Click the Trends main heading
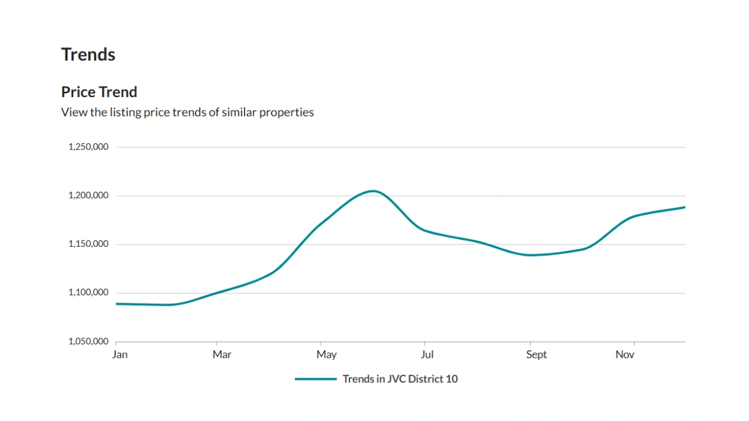[x=88, y=54]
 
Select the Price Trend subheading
[x=99, y=92]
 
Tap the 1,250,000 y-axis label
[x=88, y=147]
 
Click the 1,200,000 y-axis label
[x=88, y=195]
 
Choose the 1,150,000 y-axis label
[x=88, y=244]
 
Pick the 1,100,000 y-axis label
[x=88, y=292]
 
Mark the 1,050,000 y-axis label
[x=88, y=341]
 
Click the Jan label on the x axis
[x=119, y=354]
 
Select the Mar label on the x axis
[x=222, y=354]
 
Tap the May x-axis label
[x=327, y=354]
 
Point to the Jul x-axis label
[x=427, y=354]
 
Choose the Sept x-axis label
[x=536, y=354]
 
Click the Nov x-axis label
[x=625, y=354]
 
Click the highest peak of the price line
[x=373, y=191]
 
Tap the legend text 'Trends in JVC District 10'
[x=400, y=379]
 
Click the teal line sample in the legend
[x=315, y=379]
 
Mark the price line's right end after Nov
[x=684, y=207]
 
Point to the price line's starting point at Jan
[x=117, y=303]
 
